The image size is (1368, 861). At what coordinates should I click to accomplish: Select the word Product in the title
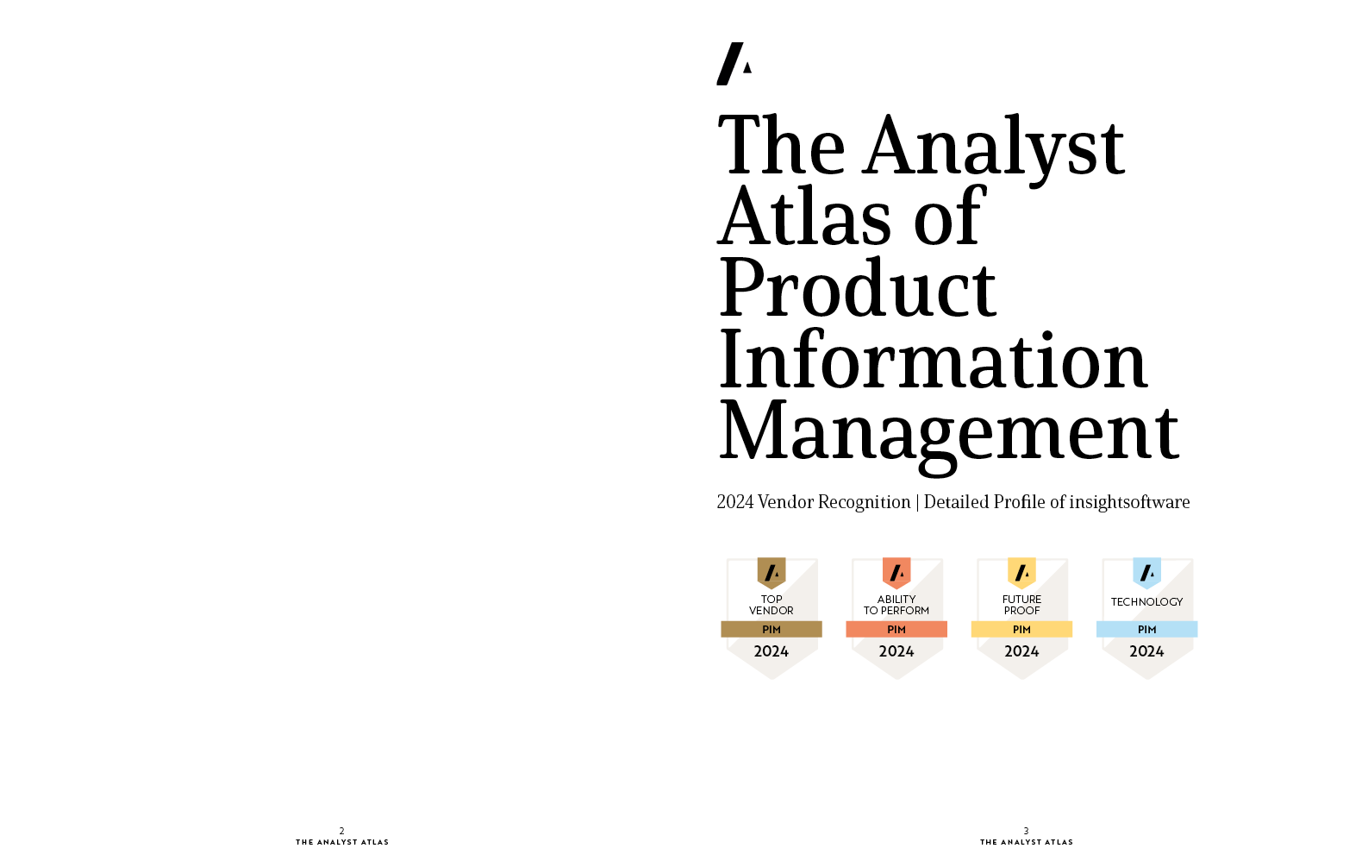point(858,287)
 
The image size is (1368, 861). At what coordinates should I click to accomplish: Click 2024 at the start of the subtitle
point(734,502)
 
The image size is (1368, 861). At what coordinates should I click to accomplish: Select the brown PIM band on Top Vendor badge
point(771,630)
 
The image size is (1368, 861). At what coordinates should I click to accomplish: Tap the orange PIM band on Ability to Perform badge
point(896,630)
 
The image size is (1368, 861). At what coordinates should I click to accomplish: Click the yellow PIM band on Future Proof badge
point(1021,630)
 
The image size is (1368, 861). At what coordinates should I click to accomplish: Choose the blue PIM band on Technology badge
point(1147,630)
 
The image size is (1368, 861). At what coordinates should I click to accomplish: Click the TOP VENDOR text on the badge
point(771,605)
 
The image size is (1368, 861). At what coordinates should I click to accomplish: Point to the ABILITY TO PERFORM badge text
point(896,605)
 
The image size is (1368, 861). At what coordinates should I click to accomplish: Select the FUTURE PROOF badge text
point(1021,605)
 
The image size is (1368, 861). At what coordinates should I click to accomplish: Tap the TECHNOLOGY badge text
point(1147,602)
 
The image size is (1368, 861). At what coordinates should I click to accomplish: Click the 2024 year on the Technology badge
point(1147,651)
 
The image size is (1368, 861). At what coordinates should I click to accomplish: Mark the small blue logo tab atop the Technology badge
point(1147,573)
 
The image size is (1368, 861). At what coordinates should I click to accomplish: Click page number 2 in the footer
point(342,831)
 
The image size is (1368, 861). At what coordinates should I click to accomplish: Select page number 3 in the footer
point(1026,831)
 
